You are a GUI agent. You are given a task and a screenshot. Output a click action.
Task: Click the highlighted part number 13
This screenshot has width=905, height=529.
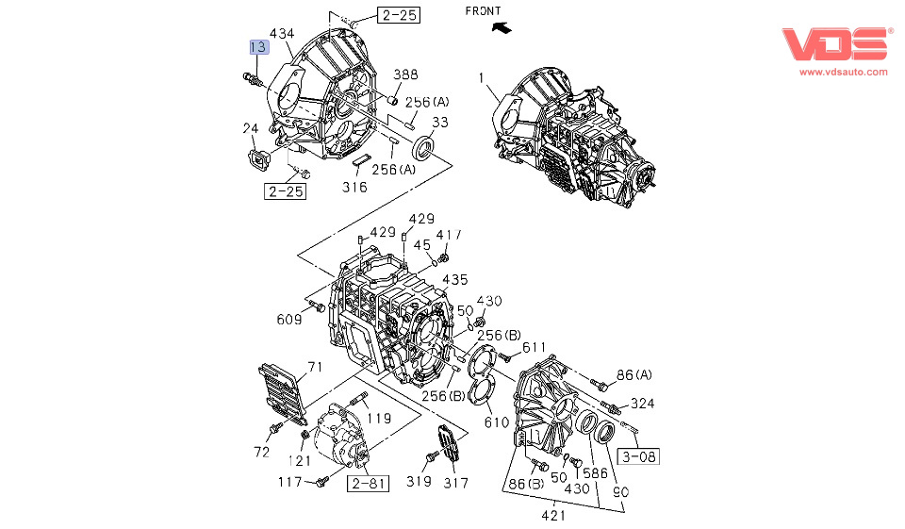[257, 46]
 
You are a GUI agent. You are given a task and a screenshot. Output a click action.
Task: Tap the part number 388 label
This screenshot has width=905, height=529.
[405, 75]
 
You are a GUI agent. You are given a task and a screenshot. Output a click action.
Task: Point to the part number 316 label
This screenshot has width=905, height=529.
[354, 187]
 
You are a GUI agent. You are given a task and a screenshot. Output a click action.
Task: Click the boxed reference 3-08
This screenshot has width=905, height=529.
[638, 457]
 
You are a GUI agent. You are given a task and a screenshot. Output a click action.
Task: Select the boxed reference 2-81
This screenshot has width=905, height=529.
[368, 484]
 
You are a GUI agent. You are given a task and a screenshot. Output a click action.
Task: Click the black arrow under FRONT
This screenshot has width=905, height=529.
[504, 28]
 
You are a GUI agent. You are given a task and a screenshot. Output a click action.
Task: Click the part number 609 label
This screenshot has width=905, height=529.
[288, 320]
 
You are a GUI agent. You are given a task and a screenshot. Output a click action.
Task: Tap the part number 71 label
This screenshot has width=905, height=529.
[315, 366]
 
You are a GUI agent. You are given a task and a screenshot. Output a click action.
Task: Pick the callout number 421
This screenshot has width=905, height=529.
[553, 516]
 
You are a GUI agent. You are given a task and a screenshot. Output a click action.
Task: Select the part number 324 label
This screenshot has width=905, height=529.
[642, 404]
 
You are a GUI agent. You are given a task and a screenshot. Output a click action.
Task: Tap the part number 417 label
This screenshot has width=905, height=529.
[450, 235]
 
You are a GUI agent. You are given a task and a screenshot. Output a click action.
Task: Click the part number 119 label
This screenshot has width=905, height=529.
[379, 418]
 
